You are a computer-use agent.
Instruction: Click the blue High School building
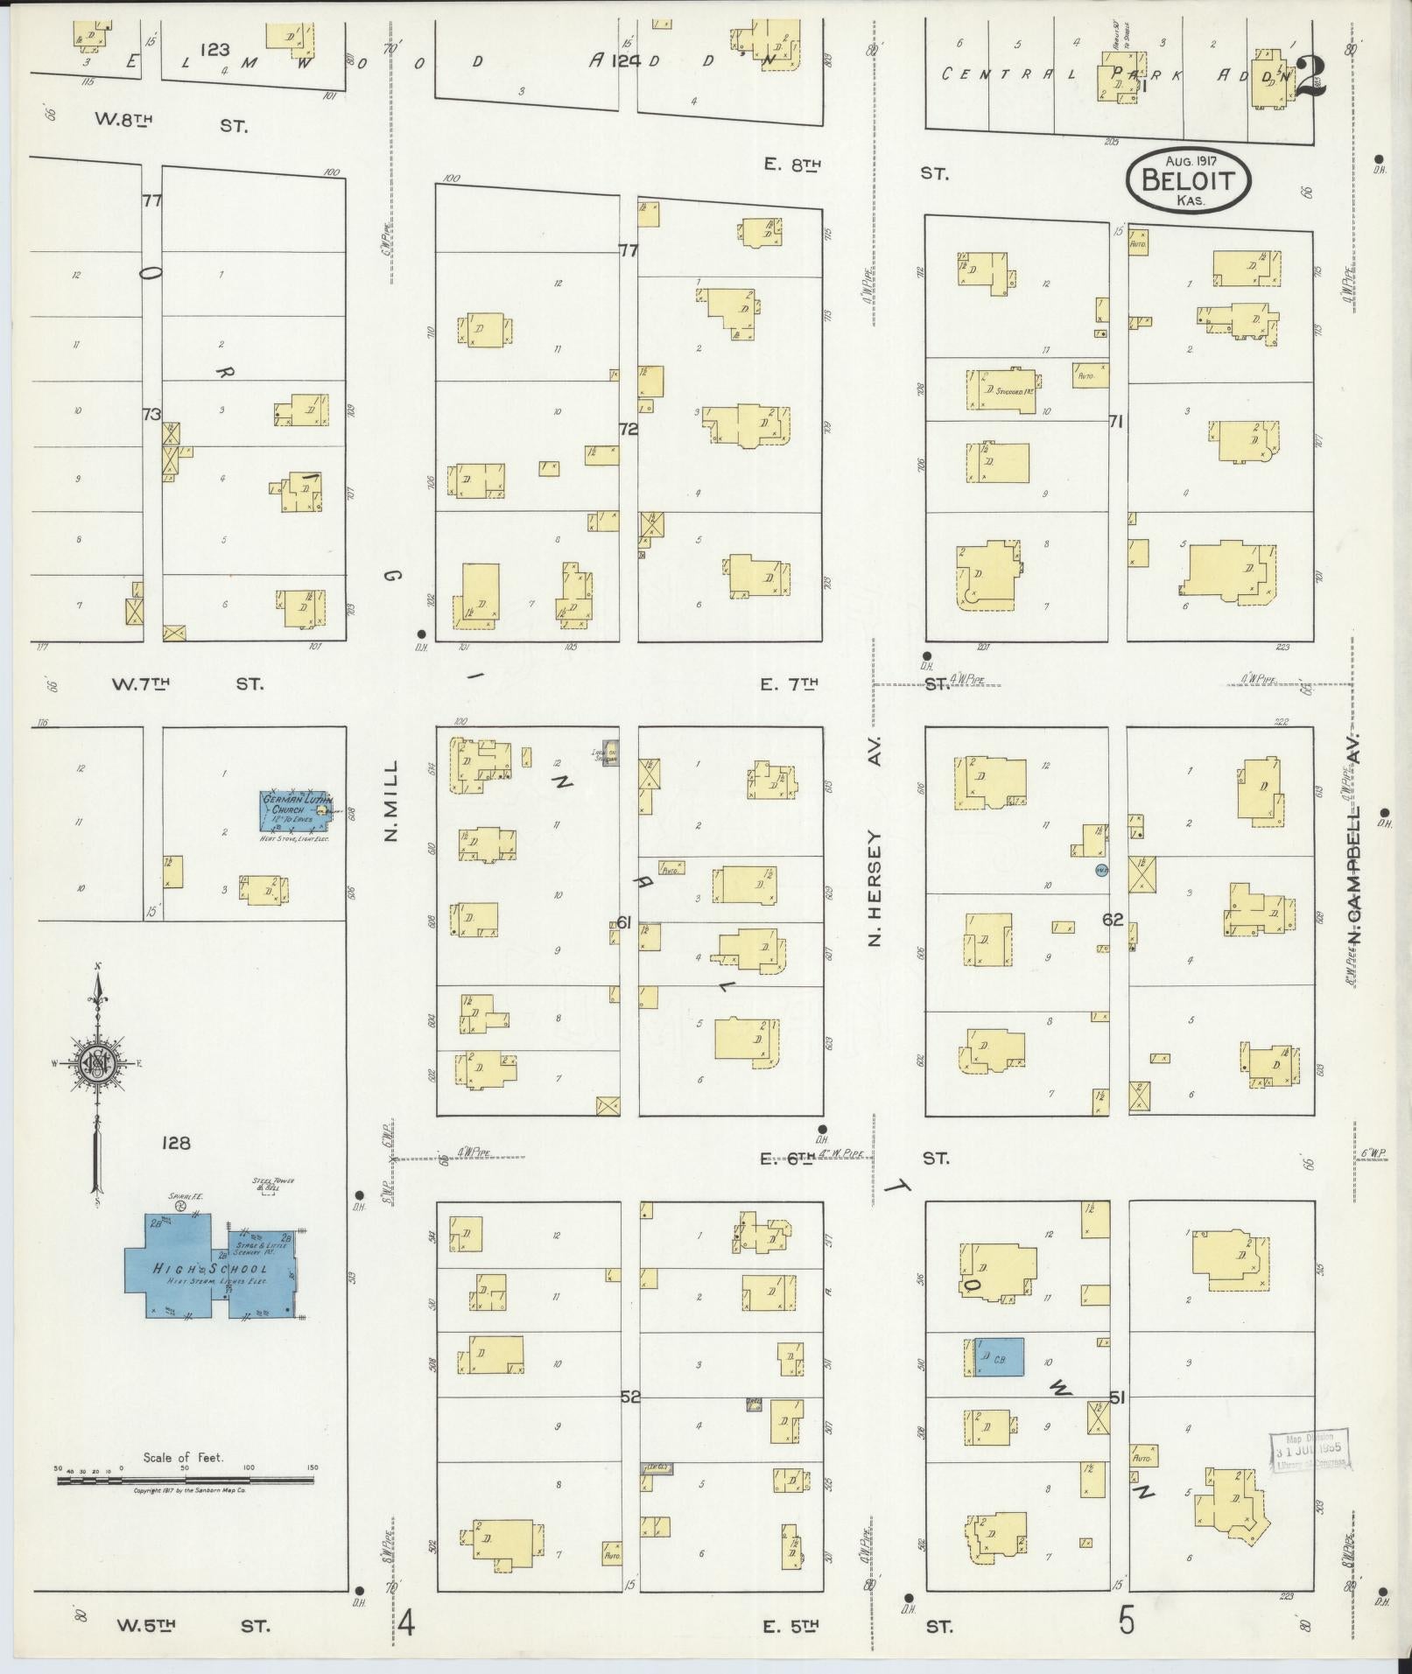(x=210, y=1269)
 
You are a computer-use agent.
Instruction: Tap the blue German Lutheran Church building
(x=296, y=811)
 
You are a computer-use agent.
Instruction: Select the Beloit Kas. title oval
(x=1188, y=180)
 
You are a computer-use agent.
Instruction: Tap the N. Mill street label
(x=390, y=800)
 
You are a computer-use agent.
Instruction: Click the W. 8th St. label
(x=172, y=124)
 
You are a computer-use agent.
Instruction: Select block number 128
(x=176, y=1143)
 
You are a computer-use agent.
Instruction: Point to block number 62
(x=1113, y=920)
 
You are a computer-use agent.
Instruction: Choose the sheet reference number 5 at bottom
(x=1126, y=1621)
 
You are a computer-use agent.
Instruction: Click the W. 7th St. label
(x=186, y=683)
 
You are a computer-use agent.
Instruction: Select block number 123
(x=214, y=51)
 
